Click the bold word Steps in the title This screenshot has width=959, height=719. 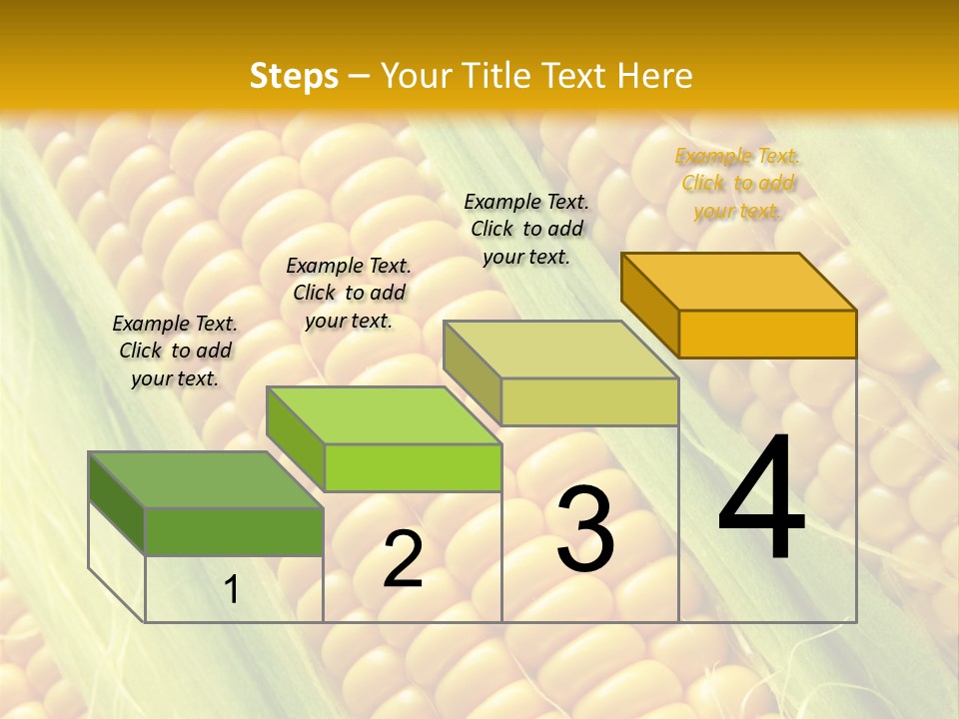click(294, 76)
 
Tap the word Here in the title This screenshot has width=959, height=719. click(654, 76)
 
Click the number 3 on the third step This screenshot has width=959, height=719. click(585, 529)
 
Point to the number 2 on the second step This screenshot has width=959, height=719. click(403, 559)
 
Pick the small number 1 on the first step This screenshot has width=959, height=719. click(232, 590)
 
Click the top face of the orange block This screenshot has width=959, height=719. click(739, 281)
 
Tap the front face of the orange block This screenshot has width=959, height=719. click(767, 334)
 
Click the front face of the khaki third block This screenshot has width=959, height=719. click(589, 401)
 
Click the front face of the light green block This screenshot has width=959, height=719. click(413, 467)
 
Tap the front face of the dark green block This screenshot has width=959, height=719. click(234, 531)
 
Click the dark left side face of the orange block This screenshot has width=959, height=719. click(649, 304)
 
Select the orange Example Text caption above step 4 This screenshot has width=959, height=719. click(738, 183)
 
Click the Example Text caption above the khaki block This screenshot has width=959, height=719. click(526, 229)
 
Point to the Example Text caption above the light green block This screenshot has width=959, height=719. click(349, 293)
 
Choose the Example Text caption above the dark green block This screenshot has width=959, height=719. click(175, 351)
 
